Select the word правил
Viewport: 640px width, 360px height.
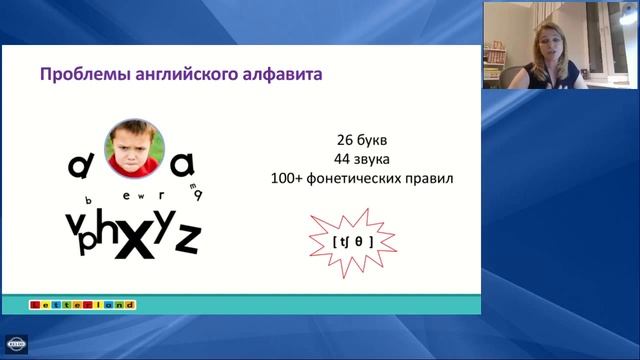pyautogui.click(x=432, y=179)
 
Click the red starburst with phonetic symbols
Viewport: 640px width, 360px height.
pyautogui.click(x=352, y=241)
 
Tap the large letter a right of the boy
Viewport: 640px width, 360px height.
pyautogui.click(x=186, y=161)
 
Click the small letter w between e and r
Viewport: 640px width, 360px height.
pyautogui.click(x=139, y=195)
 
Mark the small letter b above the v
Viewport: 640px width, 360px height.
pyautogui.click(x=88, y=200)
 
